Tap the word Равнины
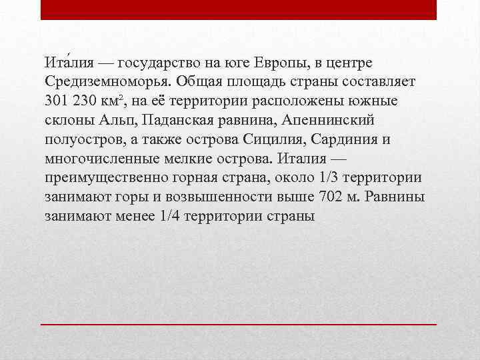395,198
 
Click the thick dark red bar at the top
239,9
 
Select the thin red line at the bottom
239,323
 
